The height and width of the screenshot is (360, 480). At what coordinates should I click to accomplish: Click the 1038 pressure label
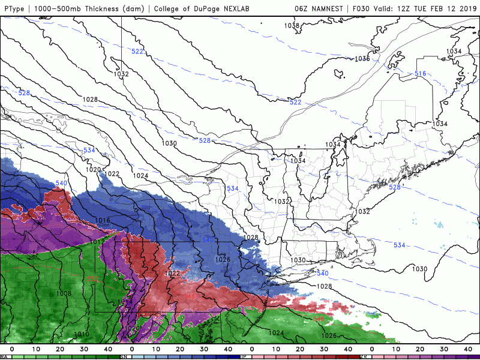292,25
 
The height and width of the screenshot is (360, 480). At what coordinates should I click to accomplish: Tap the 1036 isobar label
362,59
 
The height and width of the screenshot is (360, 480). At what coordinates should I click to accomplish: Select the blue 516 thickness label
420,74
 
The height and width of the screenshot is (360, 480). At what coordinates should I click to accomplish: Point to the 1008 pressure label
64,293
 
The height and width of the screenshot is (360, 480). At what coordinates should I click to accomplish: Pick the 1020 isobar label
93,170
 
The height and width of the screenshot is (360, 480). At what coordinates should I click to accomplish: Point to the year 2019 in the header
466,8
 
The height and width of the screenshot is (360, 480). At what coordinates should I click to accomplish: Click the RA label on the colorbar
4,357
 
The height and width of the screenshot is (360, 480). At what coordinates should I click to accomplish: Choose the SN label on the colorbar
124,357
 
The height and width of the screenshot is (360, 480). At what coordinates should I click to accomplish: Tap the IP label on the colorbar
244,357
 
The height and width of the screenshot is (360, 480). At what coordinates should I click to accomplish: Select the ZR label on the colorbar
364,357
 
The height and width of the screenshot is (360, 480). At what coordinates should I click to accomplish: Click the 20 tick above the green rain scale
60,349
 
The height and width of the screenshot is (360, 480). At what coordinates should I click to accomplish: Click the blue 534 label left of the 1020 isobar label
89,150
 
